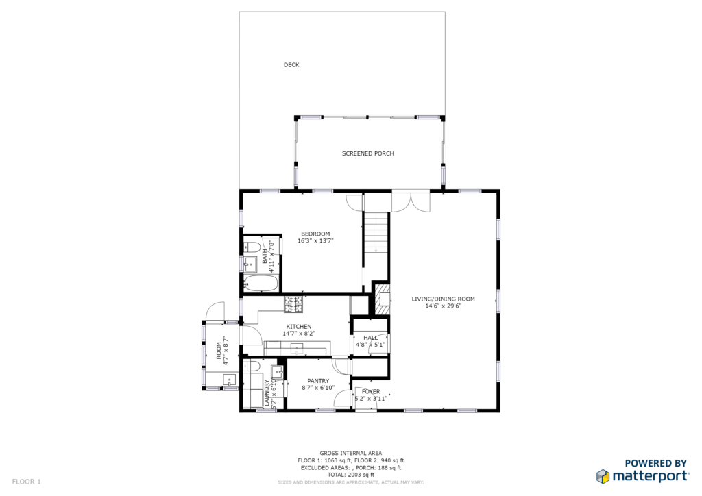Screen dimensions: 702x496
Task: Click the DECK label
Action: [x=291, y=65]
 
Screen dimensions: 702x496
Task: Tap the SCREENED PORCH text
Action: [x=368, y=153]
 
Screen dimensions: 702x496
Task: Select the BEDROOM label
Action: [x=315, y=234]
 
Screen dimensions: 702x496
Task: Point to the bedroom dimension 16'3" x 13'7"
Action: [x=315, y=240]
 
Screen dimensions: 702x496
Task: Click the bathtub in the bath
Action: [x=261, y=284]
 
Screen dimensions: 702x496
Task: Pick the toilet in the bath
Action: [x=252, y=247]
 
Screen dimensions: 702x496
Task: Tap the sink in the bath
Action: [x=250, y=264]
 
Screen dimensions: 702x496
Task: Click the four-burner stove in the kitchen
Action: [x=293, y=304]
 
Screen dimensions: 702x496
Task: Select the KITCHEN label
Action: [x=299, y=327]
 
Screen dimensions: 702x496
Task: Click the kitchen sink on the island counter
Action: [x=297, y=347]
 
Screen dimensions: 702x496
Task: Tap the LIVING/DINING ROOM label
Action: [x=444, y=299]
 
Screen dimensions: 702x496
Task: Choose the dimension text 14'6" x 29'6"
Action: [x=444, y=306]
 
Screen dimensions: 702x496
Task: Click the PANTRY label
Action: [x=318, y=381]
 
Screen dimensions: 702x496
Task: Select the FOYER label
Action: [x=371, y=391]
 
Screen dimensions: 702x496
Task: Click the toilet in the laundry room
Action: [x=252, y=367]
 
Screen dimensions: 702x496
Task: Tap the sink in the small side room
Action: [x=230, y=380]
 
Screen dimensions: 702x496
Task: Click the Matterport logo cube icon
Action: [x=603, y=476]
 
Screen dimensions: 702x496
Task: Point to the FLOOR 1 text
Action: [x=27, y=482]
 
